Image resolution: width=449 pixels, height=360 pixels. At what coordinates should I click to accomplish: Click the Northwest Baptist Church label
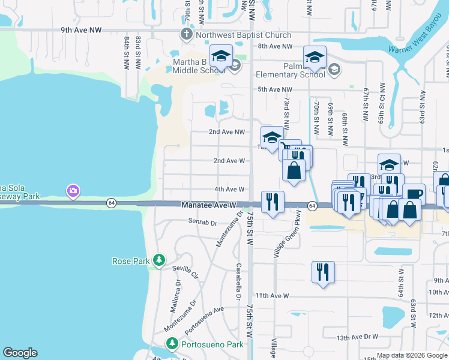(x=243, y=35)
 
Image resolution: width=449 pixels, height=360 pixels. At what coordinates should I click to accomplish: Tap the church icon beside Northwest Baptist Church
(x=186, y=35)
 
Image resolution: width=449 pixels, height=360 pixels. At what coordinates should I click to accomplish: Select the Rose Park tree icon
(x=158, y=260)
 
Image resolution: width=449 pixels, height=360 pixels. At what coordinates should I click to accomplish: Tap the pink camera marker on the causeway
(x=73, y=191)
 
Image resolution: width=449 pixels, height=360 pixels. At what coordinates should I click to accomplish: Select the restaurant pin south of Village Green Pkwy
(x=323, y=272)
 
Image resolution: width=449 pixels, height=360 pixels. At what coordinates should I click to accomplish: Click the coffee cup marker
(x=413, y=194)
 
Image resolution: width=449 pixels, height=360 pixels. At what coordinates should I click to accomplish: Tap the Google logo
(x=20, y=353)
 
